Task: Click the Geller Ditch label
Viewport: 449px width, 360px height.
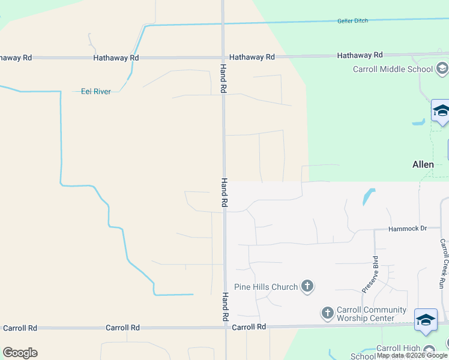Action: pyautogui.click(x=352, y=20)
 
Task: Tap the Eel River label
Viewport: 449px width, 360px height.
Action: pyautogui.click(x=96, y=91)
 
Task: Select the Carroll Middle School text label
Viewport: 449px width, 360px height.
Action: pyautogui.click(x=393, y=69)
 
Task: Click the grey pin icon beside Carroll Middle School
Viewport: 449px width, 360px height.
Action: pyautogui.click(x=442, y=68)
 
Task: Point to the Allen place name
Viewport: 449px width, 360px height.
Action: pyautogui.click(x=423, y=164)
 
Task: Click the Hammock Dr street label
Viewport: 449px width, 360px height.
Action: pyautogui.click(x=407, y=229)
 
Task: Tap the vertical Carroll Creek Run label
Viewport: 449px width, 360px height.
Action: pyautogui.click(x=443, y=264)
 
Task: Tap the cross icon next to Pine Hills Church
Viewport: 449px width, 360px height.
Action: pyautogui.click(x=307, y=286)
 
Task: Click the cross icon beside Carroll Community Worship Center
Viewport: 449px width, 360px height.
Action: pyautogui.click(x=327, y=313)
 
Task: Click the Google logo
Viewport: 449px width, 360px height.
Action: pyautogui.click(x=20, y=353)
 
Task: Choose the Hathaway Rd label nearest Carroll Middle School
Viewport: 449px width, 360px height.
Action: pyautogui.click(x=360, y=55)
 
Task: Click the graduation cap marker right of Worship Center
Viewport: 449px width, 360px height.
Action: pyautogui.click(x=426, y=320)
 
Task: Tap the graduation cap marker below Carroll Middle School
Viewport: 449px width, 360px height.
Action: pyautogui.click(x=441, y=112)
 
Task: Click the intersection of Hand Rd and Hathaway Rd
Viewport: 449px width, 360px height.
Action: pyautogui.click(x=223, y=57)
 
